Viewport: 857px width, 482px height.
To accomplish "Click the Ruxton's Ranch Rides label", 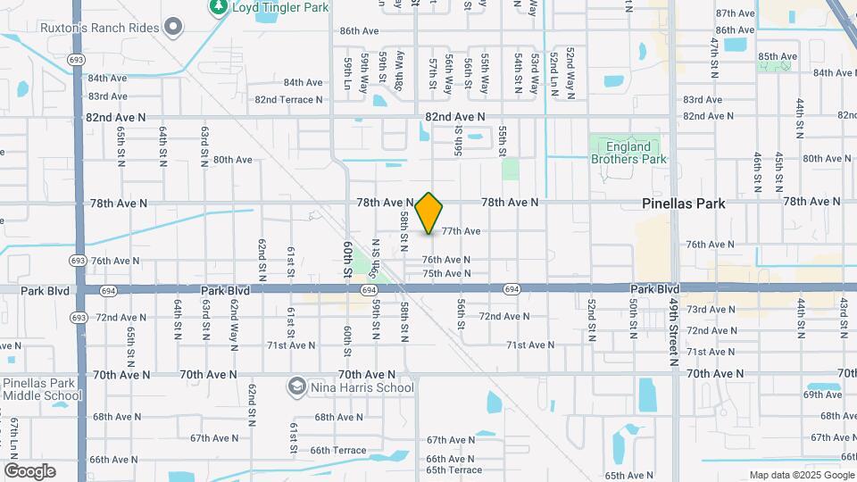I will tap(100, 28).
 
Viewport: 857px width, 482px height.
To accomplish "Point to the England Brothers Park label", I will tap(628, 153).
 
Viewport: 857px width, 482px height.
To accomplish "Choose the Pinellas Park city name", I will tap(684, 204).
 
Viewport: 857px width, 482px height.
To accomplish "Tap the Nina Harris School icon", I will tap(295, 387).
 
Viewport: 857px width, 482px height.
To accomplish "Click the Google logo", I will tap(29, 471).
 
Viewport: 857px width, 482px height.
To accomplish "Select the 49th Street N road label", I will tap(674, 331).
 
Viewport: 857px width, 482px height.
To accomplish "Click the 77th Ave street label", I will tap(461, 231).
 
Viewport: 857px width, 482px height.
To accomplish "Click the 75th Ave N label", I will tap(446, 273).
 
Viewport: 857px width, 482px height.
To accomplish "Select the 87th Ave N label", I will tap(736, 13).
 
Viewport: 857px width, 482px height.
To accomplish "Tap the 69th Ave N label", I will tap(823, 395).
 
